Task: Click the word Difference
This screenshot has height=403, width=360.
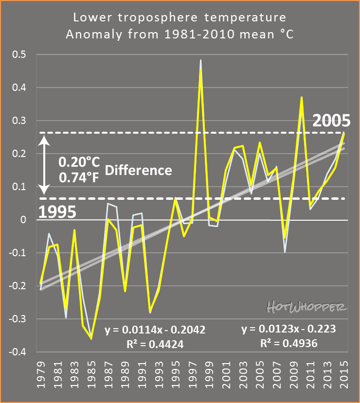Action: [138, 170]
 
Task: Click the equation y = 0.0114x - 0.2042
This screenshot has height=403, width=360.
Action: [155, 330]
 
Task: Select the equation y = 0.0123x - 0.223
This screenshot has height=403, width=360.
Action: [288, 329]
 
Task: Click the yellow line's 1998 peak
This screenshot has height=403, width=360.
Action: [200, 70]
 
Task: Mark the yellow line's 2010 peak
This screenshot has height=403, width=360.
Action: [302, 97]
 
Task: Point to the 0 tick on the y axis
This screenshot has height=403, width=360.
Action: [29, 220]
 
